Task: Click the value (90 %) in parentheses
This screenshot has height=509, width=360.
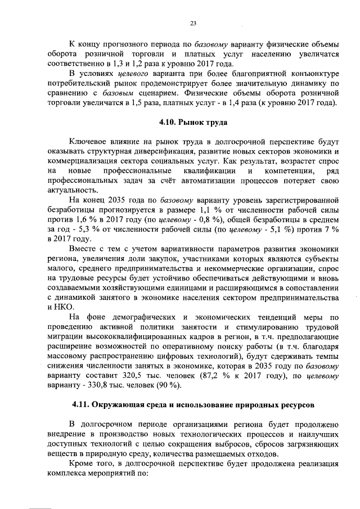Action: pyautogui.click(x=170, y=385)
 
